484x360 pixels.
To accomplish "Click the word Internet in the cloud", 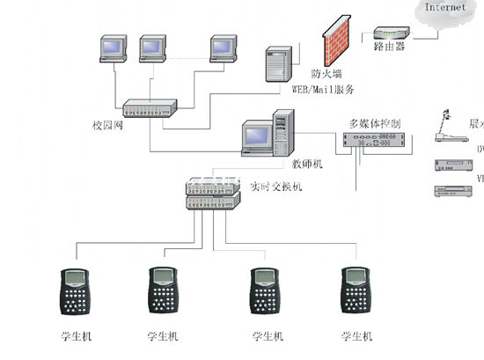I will pos(446,8).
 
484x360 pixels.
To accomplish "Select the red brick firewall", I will pos(334,39).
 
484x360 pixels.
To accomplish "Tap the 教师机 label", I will pos(308,164).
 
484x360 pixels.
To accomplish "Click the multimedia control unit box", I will pos(373,143).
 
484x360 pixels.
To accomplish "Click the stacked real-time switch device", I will pos(212,195).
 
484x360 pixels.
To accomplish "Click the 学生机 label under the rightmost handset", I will pos(356,336).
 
